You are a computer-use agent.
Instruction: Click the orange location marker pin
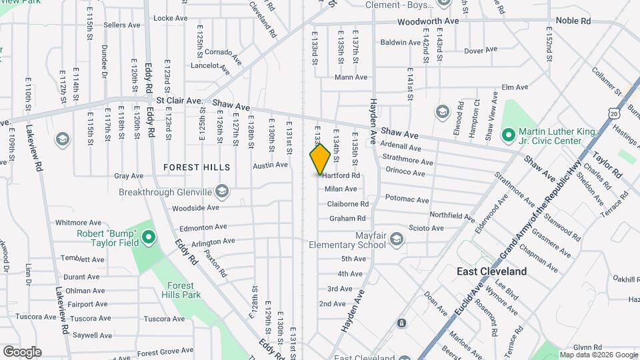click(x=320, y=159)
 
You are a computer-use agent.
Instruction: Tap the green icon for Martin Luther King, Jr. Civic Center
click(x=508, y=135)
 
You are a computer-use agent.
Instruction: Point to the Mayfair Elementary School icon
click(x=397, y=240)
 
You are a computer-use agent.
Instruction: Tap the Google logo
click(x=22, y=352)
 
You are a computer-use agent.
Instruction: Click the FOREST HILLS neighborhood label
click(x=199, y=167)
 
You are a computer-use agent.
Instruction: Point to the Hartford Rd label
click(x=341, y=176)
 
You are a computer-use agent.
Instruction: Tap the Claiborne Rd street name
click(x=347, y=204)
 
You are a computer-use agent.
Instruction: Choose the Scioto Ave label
click(x=426, y=228)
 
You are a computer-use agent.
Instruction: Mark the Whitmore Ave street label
click(x=78, y=223)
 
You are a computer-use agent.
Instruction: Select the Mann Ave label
click(x=351, y=77)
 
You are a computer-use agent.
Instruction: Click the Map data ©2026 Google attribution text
click(x=599, y=355)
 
